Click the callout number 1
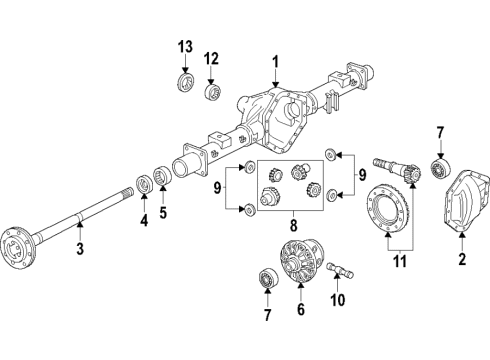pos(275,61)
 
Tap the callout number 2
pos(463,261)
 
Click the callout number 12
pos(211,59)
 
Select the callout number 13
pos(184,48)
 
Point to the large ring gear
pos(385,212)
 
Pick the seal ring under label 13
pos(185,80)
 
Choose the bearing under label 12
pos(211,92)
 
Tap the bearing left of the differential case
pos(268,277)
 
